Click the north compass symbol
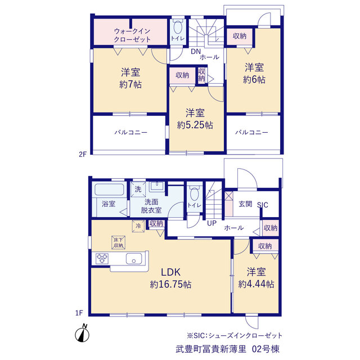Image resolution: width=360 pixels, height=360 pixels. (x=82, y=334)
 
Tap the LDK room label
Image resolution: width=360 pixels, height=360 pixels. (x=170, y=272)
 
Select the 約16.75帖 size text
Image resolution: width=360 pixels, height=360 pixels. (x=170, y=285)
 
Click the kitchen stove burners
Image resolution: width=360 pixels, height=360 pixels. (x=102, y=258)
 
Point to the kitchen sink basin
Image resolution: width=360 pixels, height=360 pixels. (x=134, y=259)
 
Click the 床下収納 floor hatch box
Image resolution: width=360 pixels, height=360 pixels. (x=119, y=242)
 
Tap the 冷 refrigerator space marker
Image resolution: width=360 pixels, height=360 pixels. (x=138, y=226)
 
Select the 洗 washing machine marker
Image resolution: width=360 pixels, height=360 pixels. (x=138, y=189)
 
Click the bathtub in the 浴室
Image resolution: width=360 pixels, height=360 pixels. (x=109, y=190)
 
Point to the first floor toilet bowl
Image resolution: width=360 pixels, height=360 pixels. (x=195, y=194)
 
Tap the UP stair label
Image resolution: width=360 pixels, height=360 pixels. (x=211, y=223)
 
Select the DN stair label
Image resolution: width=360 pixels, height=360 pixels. (x=196, y=51)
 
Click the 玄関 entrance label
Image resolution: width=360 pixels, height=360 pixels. (x=245, y=204)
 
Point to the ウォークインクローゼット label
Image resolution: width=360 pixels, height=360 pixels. (x=132, y=35)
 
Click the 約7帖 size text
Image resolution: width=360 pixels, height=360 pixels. (x=130, y=85)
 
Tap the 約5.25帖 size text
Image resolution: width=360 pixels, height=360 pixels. (x=195, y=125)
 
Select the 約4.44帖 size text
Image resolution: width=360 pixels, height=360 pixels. (x=256, y=284)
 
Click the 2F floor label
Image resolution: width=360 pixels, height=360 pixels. (x=83, y=155)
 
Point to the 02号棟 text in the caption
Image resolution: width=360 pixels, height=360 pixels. (x=265, y=349)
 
